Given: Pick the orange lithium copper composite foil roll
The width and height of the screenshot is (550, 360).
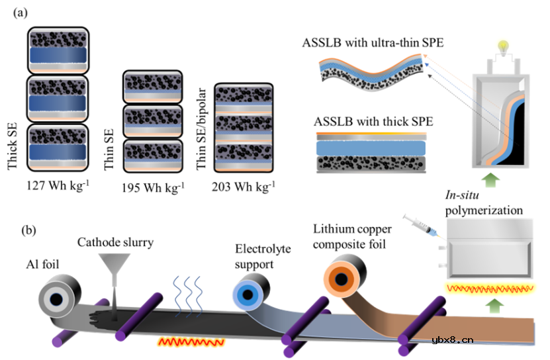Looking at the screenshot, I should tap(343, 278).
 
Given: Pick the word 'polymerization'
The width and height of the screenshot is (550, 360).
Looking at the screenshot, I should tap(482, 210).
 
